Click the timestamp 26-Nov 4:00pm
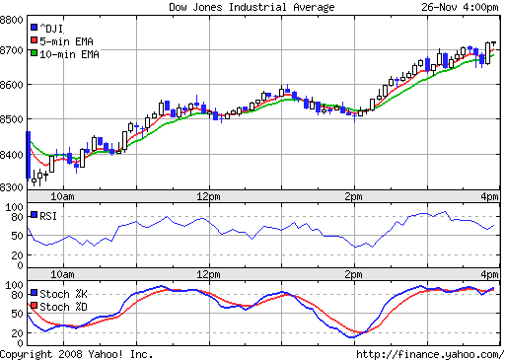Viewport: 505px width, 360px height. [x=461, y=7]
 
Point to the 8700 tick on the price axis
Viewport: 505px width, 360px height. [x=13, y=48]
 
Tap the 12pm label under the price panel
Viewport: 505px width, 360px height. [x=208, y=196]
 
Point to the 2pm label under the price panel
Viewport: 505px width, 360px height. [x=354, y=196]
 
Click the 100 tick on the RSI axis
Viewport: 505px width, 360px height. [x=15, y=207]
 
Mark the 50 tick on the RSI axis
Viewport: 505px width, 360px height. [x=18, y=236]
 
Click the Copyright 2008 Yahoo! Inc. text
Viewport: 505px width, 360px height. [x=77, y=353]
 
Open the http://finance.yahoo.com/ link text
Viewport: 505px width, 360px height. [x=427, y=353]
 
